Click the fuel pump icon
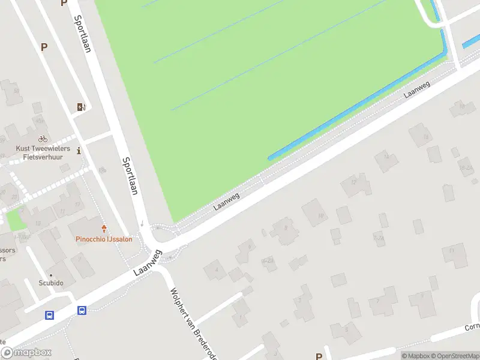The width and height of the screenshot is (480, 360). pyautogui.click(x=80, y=107)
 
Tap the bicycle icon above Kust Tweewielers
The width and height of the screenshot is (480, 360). pyautogui.click(x=43, y=139)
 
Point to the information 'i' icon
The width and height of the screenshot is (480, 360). pyautogui.click(x=80, y=151)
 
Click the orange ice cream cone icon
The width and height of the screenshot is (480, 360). pyautogui.click(x=104, y=229)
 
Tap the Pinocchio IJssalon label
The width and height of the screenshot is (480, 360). pyautogui.click(x=104, y=239)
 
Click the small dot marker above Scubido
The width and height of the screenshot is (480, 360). pyautogui.click(x=51, y=276)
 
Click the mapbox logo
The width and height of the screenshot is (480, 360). pyautogui.click(x=26, y=353)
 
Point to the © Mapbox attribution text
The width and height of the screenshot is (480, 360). pyautogui.click(x=413, y=356)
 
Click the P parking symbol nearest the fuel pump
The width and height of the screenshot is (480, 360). pyautogui.click(x=44, y=47)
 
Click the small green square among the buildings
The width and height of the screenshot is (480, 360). pyautogui.click(x=17, y=218)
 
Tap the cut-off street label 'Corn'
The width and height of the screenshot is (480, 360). pyautogui.click(x=472, y=328)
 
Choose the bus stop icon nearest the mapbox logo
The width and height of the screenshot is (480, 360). pyautogui.click(x=49, y=315)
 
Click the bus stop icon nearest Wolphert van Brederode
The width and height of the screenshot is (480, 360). pyautogui.click(x=82, y=310)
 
